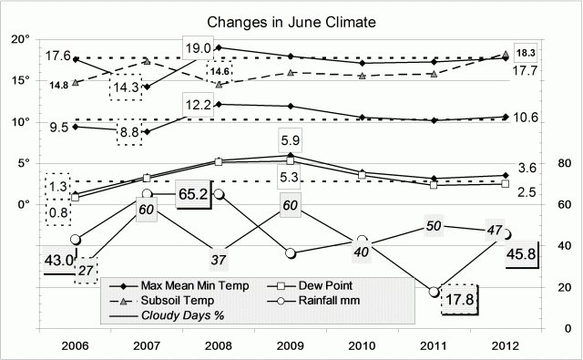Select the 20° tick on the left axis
[x=20, y=39]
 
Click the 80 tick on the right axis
[x=546, y=163]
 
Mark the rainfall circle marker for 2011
[x=435, y=291]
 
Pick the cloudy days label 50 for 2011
[x=435, y=226]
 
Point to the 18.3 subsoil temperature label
[x=527, y=54]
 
